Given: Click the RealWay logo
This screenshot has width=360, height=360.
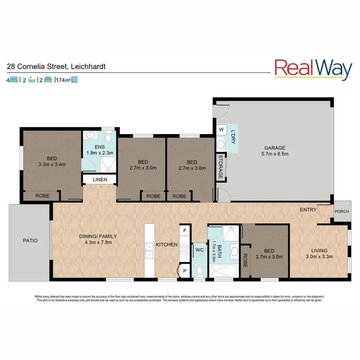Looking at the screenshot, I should pos(313,69).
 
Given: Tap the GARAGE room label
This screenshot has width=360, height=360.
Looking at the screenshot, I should pos(275,148).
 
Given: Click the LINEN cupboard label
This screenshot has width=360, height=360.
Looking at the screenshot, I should pos(100,180).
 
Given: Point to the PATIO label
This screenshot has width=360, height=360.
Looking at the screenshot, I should pos(30,240).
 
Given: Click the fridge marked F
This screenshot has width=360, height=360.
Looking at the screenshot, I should pos(184,230).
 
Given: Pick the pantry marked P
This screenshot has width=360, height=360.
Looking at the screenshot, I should pos(184,271).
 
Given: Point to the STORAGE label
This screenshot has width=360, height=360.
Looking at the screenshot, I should pos(220,167).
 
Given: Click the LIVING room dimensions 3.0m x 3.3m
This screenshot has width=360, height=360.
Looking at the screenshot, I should pos(319,256).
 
